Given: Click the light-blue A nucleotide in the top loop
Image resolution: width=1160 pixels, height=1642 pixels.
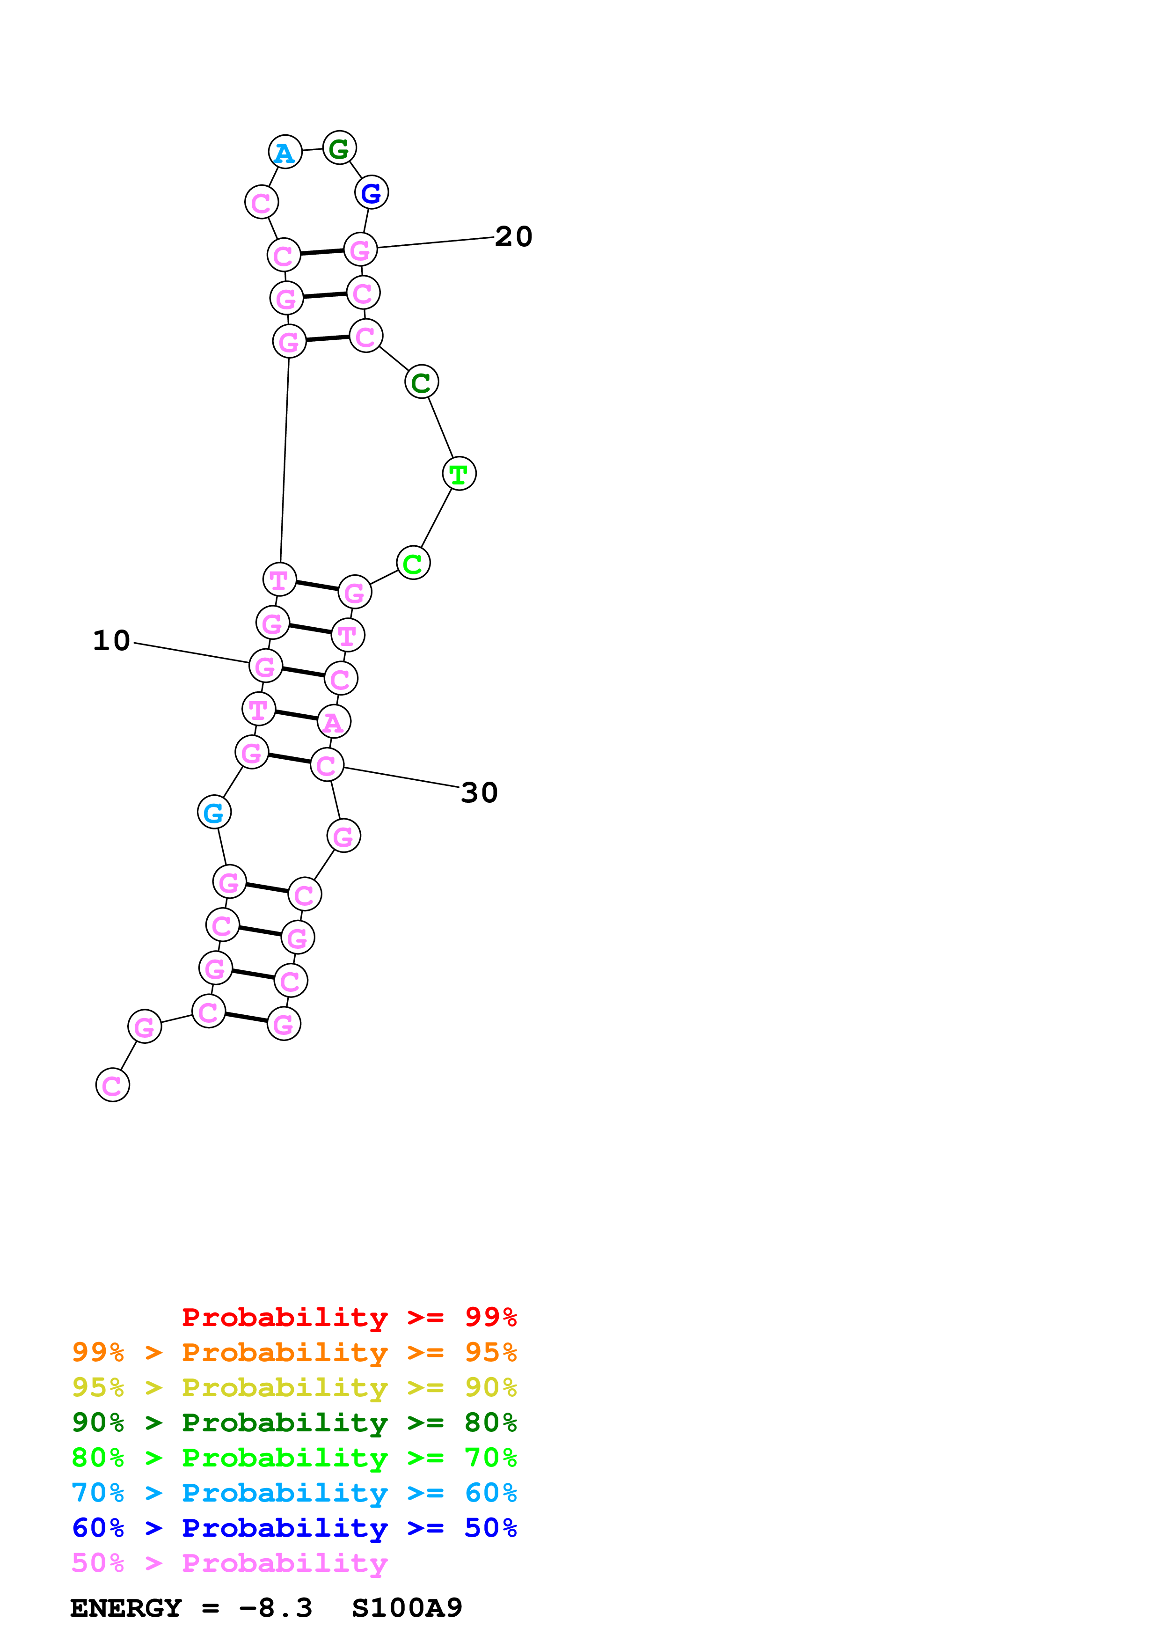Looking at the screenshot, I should coord(285,152).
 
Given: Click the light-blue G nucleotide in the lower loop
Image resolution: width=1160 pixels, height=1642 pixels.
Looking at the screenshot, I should coord(214,813).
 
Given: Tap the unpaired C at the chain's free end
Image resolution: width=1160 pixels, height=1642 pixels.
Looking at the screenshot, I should coord(112,1085).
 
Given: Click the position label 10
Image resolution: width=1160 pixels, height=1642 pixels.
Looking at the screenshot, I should coord(111,640).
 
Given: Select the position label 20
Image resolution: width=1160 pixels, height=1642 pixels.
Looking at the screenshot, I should coord(513,237).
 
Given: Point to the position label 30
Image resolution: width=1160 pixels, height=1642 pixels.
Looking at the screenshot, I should coord(479,792).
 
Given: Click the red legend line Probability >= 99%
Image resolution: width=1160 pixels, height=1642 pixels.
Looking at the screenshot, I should coord(349,1317).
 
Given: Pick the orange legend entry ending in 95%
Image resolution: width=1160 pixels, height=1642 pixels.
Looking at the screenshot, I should coord(294,1352).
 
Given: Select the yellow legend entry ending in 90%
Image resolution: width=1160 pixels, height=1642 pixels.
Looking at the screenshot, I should coord(294,1387).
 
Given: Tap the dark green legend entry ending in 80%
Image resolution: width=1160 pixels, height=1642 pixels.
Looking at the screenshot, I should coord(294,1422).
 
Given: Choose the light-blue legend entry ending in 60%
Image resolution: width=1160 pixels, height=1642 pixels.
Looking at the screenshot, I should coord(294,1493).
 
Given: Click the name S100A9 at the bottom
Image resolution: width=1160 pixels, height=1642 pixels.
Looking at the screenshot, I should coord(407,1608).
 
